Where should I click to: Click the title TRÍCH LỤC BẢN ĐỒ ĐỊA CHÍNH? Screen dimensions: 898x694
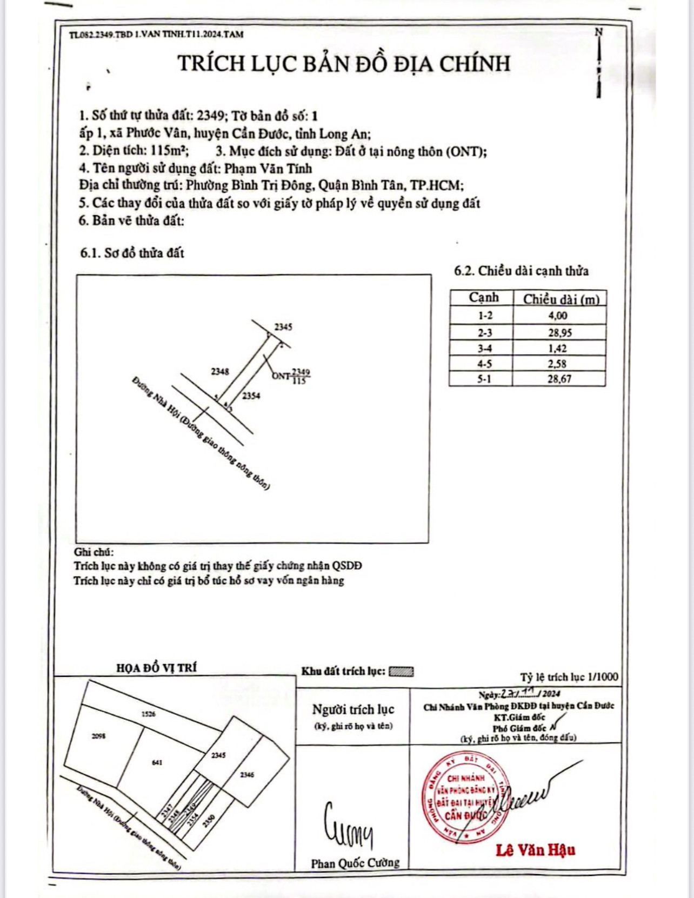[344, 64]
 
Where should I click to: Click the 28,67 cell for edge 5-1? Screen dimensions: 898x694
[559, 379]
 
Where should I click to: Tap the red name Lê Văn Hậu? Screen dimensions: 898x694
[535, 850]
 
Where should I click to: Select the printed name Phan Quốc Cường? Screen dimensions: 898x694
[355, 863]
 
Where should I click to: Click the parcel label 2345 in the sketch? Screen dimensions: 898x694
[283, 327]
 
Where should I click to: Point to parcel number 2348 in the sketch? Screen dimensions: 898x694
[220, 372]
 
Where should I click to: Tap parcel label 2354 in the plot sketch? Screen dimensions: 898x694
[251, 396]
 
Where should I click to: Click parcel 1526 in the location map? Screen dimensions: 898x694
[149, 714]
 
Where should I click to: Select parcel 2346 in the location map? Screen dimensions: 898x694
[247, 775]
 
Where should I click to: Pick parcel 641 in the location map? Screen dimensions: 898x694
[157, 762]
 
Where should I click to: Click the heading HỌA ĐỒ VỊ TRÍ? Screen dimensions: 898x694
[157, 668]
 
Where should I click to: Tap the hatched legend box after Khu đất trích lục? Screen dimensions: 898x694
[401, 672]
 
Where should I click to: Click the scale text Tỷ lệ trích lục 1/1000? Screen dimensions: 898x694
[569, 677]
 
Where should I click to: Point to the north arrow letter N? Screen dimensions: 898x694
[598, 32]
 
